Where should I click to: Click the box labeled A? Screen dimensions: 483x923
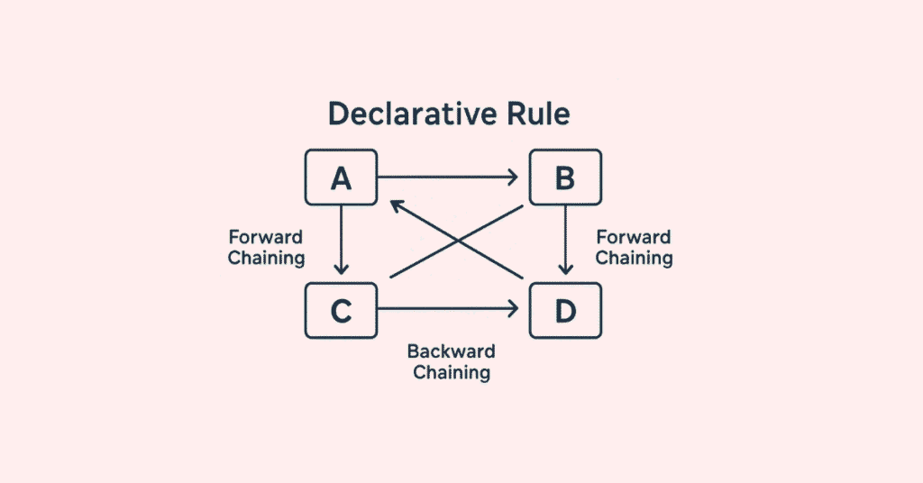pos(341,178)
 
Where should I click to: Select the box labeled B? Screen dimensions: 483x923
pos(564,178)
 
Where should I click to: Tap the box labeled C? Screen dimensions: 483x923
pos(341,310)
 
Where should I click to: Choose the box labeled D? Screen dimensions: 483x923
pos(564,310)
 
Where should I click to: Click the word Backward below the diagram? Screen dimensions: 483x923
pos(452,351)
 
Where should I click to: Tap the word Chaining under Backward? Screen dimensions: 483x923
pos(452,372)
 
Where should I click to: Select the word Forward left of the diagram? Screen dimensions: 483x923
pos(266,237)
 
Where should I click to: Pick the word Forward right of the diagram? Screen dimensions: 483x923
pos(634,237)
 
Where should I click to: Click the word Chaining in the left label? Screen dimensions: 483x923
pos(266,258)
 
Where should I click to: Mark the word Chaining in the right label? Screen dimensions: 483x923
pos(634,258)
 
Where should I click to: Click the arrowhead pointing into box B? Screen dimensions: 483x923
pos(515,178)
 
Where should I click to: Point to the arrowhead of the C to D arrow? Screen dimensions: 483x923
pos(515,310)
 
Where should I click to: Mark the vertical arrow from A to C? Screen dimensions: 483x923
pos(341,239)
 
